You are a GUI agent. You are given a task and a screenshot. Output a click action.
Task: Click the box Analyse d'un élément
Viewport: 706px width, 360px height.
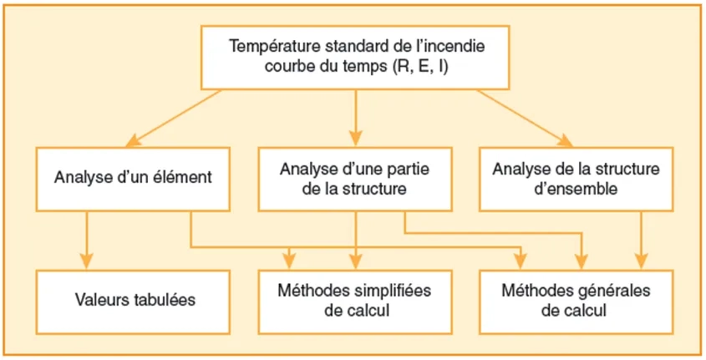tap(133, 177)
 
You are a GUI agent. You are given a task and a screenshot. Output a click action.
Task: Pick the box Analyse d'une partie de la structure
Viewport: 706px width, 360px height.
tap(357, 178)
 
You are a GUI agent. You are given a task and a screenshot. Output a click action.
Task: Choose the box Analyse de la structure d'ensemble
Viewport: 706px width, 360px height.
tap(576, 178)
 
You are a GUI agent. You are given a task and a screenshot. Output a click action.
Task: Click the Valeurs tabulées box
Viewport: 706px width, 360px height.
tap(135, 300)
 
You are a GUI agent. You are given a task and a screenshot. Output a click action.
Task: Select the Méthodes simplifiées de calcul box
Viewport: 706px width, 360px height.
tap(356, 300)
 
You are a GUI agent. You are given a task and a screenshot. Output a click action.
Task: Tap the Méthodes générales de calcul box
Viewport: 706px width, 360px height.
tap(576, 300)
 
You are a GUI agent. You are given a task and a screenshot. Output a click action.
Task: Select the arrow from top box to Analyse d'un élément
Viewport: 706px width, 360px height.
tap(175, 116)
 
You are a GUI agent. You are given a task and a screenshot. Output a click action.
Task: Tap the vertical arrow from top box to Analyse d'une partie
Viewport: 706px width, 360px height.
tap(357, 116)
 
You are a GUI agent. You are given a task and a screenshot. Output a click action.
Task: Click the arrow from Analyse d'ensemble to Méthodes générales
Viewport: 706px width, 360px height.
tap(642, 238)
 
